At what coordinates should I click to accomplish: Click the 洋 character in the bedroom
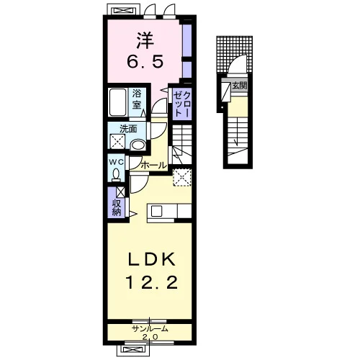145,41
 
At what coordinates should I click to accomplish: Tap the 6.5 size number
145,61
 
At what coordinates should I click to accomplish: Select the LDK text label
151,259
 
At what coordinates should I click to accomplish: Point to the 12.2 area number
151,282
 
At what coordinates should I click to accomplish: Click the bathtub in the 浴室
118,102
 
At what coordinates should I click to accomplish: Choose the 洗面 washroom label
128,129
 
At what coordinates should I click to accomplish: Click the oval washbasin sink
138,145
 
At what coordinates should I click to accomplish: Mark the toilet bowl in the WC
116,174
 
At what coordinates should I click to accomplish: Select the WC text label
116,162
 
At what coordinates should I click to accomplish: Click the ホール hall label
154,166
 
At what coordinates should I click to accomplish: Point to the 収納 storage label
116,208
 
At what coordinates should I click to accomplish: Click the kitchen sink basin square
156,211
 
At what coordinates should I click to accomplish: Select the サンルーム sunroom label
150,329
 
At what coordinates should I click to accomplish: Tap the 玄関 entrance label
240,86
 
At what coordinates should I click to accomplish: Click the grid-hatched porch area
234,54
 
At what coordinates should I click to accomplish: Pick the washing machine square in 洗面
117,142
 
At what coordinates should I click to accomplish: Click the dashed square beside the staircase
182,177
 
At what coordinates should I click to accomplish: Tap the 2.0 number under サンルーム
150,337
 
